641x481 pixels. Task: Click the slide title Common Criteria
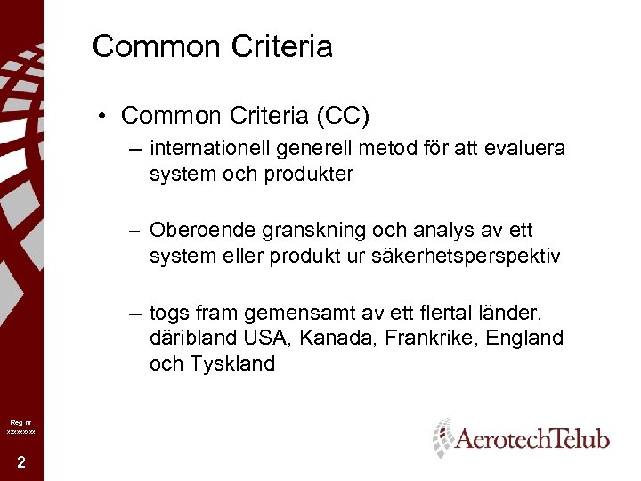pyautogui.click(x=212, y=46)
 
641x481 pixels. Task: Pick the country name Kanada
pyautogui.click(x=341, y=338)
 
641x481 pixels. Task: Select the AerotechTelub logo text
pyautogui.click(x=531, y=438)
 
